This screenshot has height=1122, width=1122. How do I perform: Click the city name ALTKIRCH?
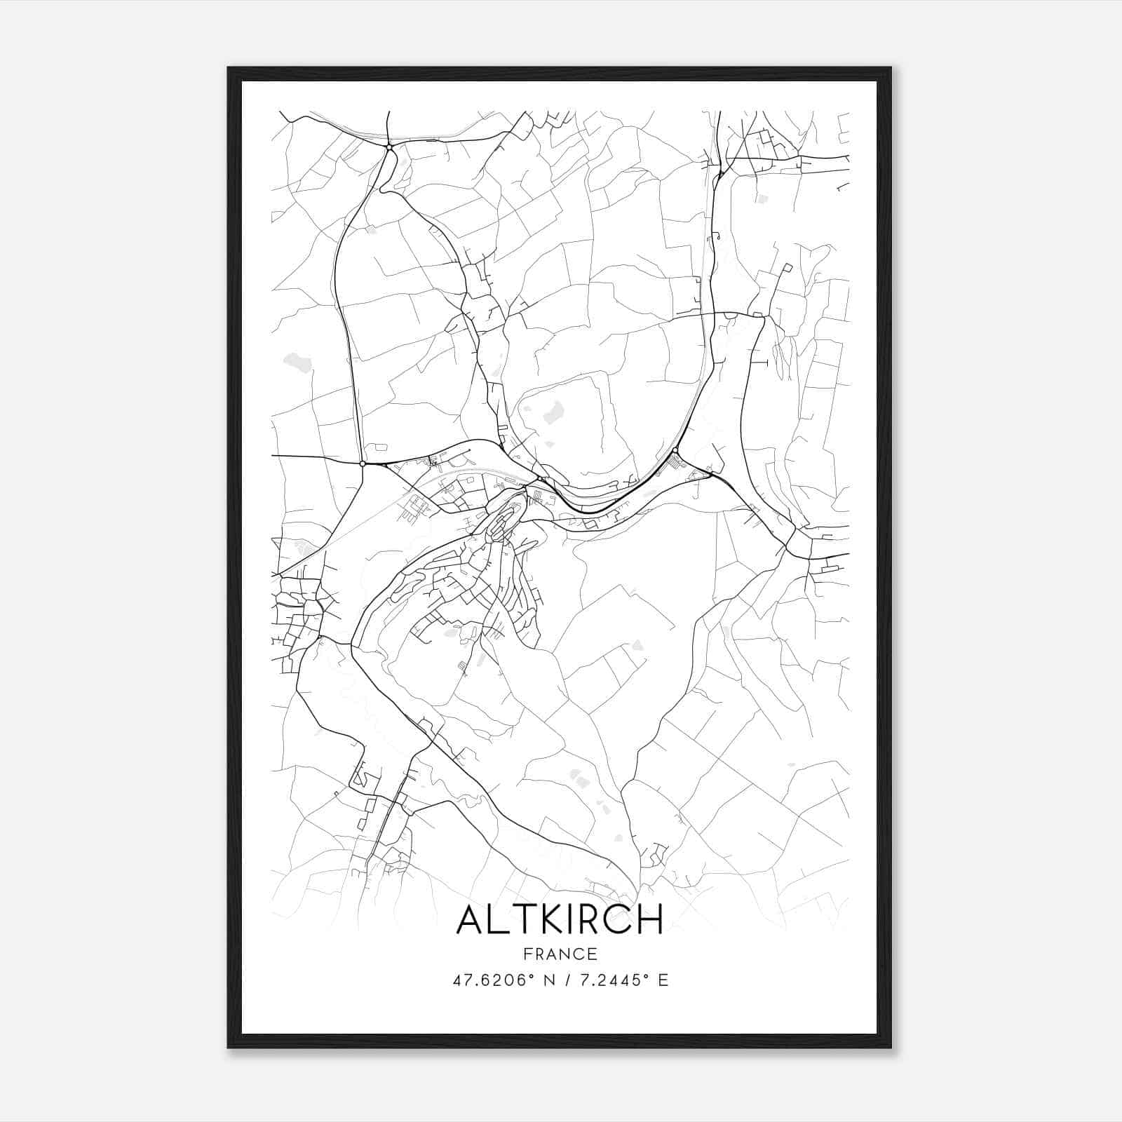(560, 919)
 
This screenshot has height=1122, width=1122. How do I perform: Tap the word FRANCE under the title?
(560, 954)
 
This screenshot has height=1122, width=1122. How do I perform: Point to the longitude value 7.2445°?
(609, 980)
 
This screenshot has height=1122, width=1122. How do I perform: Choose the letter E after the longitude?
(663, 980)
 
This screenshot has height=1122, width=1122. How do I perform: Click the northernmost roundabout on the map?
(388, 147)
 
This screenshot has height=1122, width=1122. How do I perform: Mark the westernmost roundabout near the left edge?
(362, 464)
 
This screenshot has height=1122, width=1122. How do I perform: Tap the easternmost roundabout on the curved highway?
(675, 450)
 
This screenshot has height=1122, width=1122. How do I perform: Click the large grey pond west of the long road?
(296, 363)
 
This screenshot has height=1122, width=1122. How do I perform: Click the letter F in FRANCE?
(526, 954)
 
